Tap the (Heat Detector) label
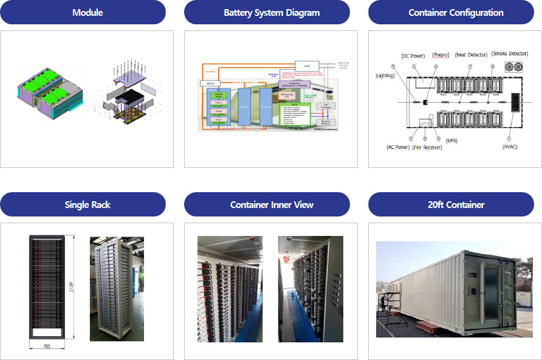coord(471,55)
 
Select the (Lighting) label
coord(385,76)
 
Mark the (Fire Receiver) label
coord(427,147)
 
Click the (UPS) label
coord(451,140)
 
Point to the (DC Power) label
coord(413,55)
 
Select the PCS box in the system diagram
coord(306,65)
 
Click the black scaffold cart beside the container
coord(387,303)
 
